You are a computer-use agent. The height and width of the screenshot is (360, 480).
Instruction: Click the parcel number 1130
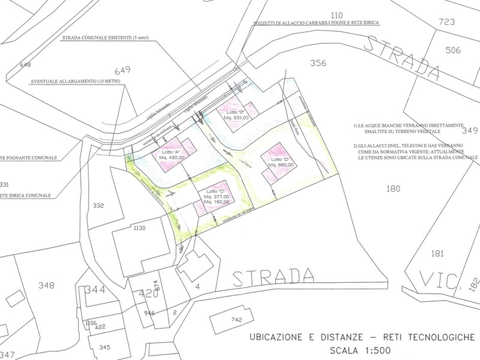(x=140, y=228)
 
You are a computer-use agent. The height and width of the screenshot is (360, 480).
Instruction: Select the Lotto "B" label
(x=235, y=112)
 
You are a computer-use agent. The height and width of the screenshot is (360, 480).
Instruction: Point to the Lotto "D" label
(x=280, y=159)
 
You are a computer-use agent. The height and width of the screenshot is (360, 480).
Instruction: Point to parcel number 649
(x=122, y=69)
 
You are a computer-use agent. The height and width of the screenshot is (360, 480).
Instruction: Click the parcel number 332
(x=99, y=206)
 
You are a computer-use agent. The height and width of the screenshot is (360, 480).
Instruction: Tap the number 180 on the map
(x=394, y=190)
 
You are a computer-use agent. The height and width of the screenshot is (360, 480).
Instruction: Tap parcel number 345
(x=104, y=347)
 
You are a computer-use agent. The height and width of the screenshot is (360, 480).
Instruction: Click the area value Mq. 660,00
(x=281, y=165)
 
